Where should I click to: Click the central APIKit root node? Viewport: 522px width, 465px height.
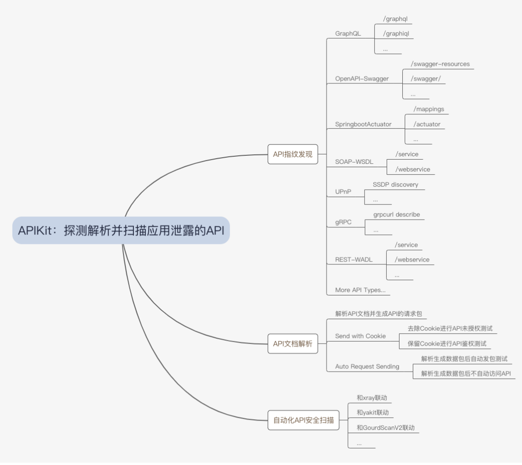[121, 231]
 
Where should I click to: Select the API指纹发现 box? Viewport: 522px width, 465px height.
[293, 154]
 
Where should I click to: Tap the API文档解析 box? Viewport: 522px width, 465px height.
[293, 344]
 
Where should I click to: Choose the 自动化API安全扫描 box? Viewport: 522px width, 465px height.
[303, 420]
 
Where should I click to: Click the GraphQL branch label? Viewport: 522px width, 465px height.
[348, 34]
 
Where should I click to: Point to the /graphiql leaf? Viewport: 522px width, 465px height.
[396, 34]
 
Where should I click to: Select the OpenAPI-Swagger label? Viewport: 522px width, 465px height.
[362, 79]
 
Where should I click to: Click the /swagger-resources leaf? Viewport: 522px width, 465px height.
[440, 64]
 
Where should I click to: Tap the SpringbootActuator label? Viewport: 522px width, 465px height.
[363, 124]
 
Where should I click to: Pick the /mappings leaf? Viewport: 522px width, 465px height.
[429, 109]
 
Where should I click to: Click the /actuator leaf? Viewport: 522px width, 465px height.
[427, 124]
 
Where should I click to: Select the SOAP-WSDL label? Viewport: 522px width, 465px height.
[354, 162]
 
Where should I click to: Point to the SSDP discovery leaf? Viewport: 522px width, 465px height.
[395, 184]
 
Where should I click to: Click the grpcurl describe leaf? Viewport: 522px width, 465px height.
[397, 215]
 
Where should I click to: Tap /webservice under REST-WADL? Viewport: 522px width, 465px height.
[412, 260]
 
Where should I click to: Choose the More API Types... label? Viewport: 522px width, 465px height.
[360, 290]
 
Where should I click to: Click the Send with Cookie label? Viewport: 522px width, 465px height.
[360, 336]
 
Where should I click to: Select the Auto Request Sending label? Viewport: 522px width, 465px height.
[367, 366]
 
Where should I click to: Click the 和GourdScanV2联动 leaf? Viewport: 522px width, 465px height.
[385, 427]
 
